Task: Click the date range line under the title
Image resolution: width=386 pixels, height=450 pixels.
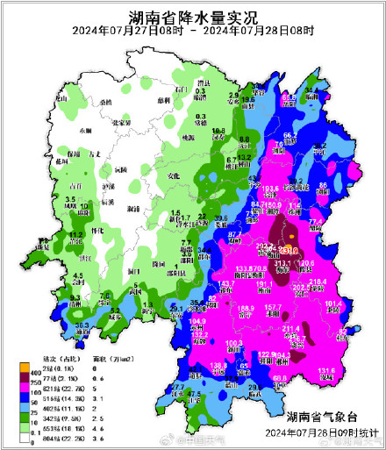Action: tap(193, 32)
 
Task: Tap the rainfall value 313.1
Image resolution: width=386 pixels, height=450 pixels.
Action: tap(284, 262)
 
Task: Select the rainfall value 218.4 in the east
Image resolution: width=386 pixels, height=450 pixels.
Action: tap(318, 281)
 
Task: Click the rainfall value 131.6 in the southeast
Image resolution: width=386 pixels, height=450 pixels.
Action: tap(326, 371)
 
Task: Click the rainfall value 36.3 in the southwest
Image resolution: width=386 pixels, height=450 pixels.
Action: tap(83, 325)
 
